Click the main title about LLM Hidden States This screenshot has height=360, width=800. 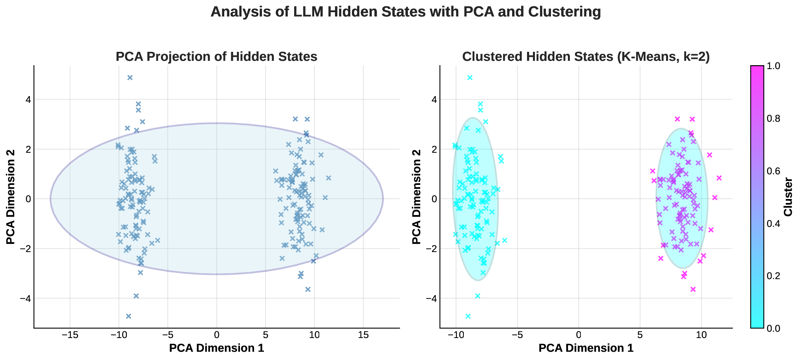coord(406,12)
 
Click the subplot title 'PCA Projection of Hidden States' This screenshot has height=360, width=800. coord(216,57)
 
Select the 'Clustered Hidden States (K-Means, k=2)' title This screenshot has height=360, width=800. coord(586,57)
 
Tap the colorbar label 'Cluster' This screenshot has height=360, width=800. coord(787,197)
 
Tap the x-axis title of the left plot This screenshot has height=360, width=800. coord(216,348)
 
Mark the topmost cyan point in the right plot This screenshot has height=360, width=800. coord(470,78)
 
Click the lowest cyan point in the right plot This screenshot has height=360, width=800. coord(468,316)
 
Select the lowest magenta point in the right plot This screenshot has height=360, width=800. coord(693,289)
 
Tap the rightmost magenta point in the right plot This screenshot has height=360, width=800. coord(719,178)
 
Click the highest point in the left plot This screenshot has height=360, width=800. coord(130,78)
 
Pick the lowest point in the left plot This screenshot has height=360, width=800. coord(128,316)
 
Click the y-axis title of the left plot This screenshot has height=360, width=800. coord(11,197)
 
